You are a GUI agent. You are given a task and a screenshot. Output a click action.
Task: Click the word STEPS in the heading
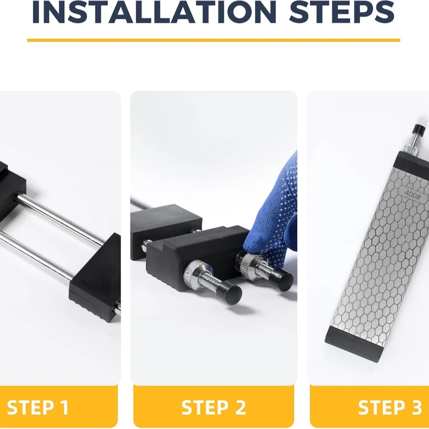click(x=342, y=13)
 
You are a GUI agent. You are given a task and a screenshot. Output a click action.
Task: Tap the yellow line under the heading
click(x=213, y=40)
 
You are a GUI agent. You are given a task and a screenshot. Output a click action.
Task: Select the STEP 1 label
click(x=38, y=408)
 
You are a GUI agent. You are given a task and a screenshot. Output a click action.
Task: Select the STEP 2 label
click(x=213, y=408)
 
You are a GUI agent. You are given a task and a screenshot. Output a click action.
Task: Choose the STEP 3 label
click(x=389, y=408)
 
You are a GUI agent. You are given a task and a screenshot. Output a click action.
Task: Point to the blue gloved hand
click(x=273, y=214)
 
